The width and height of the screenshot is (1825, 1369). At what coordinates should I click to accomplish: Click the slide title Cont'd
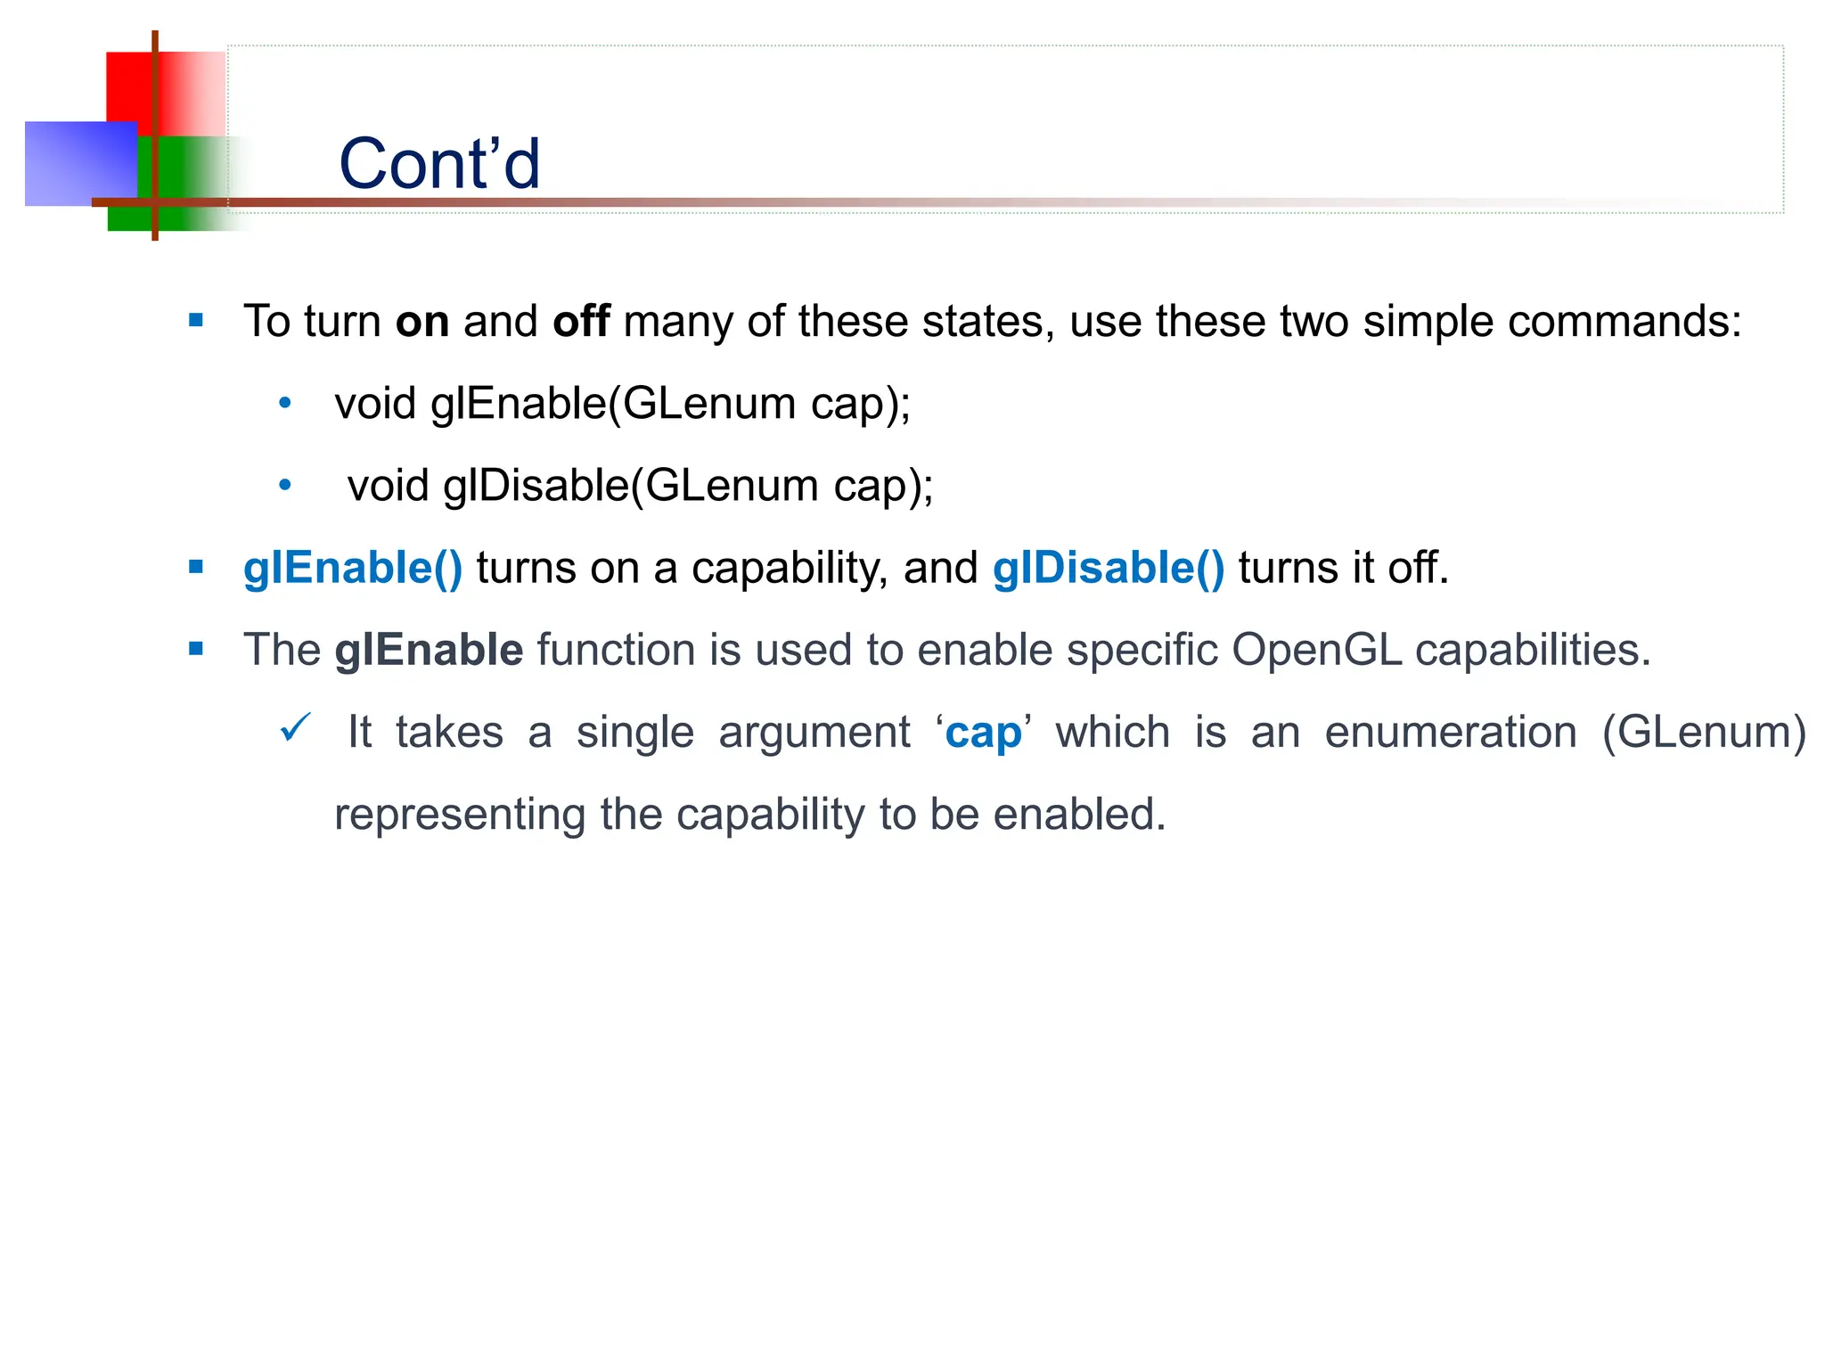[x=439, y=164]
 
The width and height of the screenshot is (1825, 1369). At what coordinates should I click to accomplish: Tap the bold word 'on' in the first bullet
[x=421, y=321]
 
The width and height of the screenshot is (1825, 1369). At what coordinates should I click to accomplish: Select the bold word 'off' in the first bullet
[x=581, y=321]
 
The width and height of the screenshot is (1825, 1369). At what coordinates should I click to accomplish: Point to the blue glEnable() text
[x=353, y=568]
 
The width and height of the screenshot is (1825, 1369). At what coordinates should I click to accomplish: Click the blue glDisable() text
[x=1109, y=568]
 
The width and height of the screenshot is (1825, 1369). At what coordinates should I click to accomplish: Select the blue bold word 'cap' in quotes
[x=983, y=734]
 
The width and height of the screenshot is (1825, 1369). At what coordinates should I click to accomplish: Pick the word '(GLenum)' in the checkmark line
[x=1703, y=733]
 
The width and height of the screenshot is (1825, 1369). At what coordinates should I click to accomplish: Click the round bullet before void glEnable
[x=285, y=404]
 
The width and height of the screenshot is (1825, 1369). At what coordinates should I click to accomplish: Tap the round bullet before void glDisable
[x=285, y=486]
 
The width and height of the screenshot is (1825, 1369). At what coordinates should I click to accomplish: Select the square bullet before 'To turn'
[x=196, y=321]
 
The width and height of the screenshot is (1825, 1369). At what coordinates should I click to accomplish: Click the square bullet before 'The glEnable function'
[x=196, y=650]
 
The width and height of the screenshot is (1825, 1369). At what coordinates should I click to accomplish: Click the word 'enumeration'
[x=1451, y=733]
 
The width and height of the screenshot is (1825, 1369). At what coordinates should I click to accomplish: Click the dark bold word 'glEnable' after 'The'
[x=429, y=650]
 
